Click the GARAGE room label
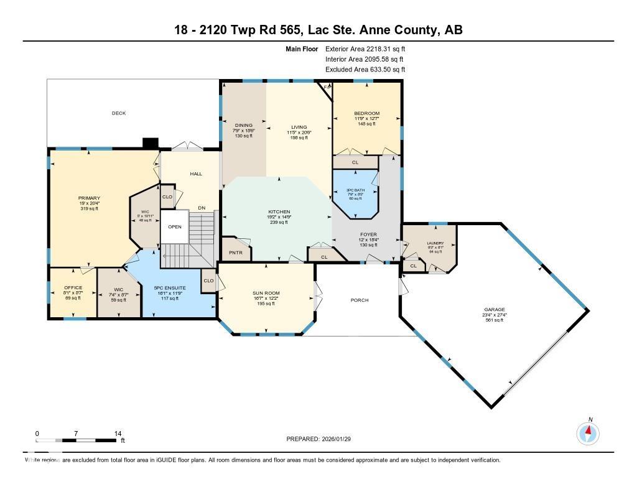(495, 309)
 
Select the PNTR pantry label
(236, 253)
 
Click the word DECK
(119, 113)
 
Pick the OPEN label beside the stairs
(175, 226)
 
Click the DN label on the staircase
(202, 208)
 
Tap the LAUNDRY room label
(435, 243)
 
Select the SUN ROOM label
(266, 293)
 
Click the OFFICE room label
(73, 288)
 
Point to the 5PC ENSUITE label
(170, 288)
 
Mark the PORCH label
(360, 300)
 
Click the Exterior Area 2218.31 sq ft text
(365, 49)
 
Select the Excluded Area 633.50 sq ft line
(365, 70)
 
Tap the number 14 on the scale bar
(118, 433)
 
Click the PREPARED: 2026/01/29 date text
(323, 439)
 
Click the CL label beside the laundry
(413, 266)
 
